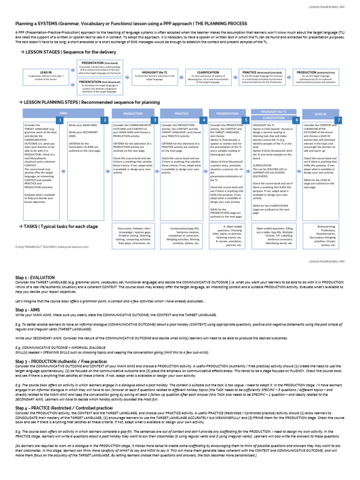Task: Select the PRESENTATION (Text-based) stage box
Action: [100, 67]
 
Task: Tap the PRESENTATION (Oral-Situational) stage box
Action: [100, 86]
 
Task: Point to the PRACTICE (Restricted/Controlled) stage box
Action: [262, 77]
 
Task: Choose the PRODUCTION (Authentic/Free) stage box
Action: [315, 77]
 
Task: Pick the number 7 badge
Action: [339, 120]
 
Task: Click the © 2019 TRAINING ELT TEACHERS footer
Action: [52, 246]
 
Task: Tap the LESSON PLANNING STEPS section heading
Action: [91, 102]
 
